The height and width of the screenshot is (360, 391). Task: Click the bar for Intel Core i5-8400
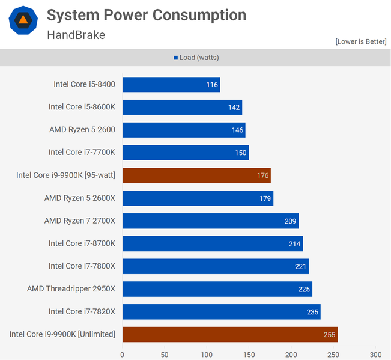pos(171,85)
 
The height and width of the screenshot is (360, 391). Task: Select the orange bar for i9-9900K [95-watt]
pos(196,175)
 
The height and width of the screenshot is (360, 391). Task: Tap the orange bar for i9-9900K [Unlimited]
pos(229,334)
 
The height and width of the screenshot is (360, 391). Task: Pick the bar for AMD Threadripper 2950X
pos(217,289)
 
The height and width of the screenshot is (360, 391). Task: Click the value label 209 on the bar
pos(291,221)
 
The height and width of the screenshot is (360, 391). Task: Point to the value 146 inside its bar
pos(237,130)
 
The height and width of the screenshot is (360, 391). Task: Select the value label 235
pos(312,312)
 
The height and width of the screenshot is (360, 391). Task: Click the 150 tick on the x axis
pos(249,355)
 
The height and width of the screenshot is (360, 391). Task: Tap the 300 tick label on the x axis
pos(375,355)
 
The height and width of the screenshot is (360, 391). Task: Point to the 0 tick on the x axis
pos(123,355)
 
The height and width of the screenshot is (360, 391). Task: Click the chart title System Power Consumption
pos(147,16)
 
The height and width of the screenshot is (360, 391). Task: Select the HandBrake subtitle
pos(76,35)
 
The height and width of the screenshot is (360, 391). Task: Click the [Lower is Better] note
pos(360,41)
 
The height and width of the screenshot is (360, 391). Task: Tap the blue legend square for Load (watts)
pos(176,58)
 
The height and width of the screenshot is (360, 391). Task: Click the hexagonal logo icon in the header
pos(23,20)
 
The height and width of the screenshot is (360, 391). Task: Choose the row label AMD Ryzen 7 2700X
pos(79,221)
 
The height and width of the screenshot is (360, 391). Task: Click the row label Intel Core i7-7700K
pos(82,153)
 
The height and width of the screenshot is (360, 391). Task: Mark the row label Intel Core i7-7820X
pos(82,311)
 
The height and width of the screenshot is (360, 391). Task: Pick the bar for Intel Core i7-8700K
pos(212,243)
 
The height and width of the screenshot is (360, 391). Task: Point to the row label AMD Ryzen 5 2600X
pos(79,198)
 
